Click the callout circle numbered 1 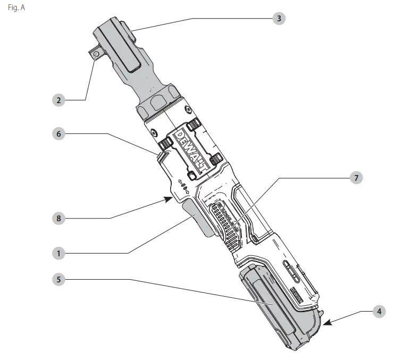click(59, 254)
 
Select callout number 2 click(59, 99)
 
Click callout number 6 click(59, 133)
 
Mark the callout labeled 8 click(59, 217)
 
